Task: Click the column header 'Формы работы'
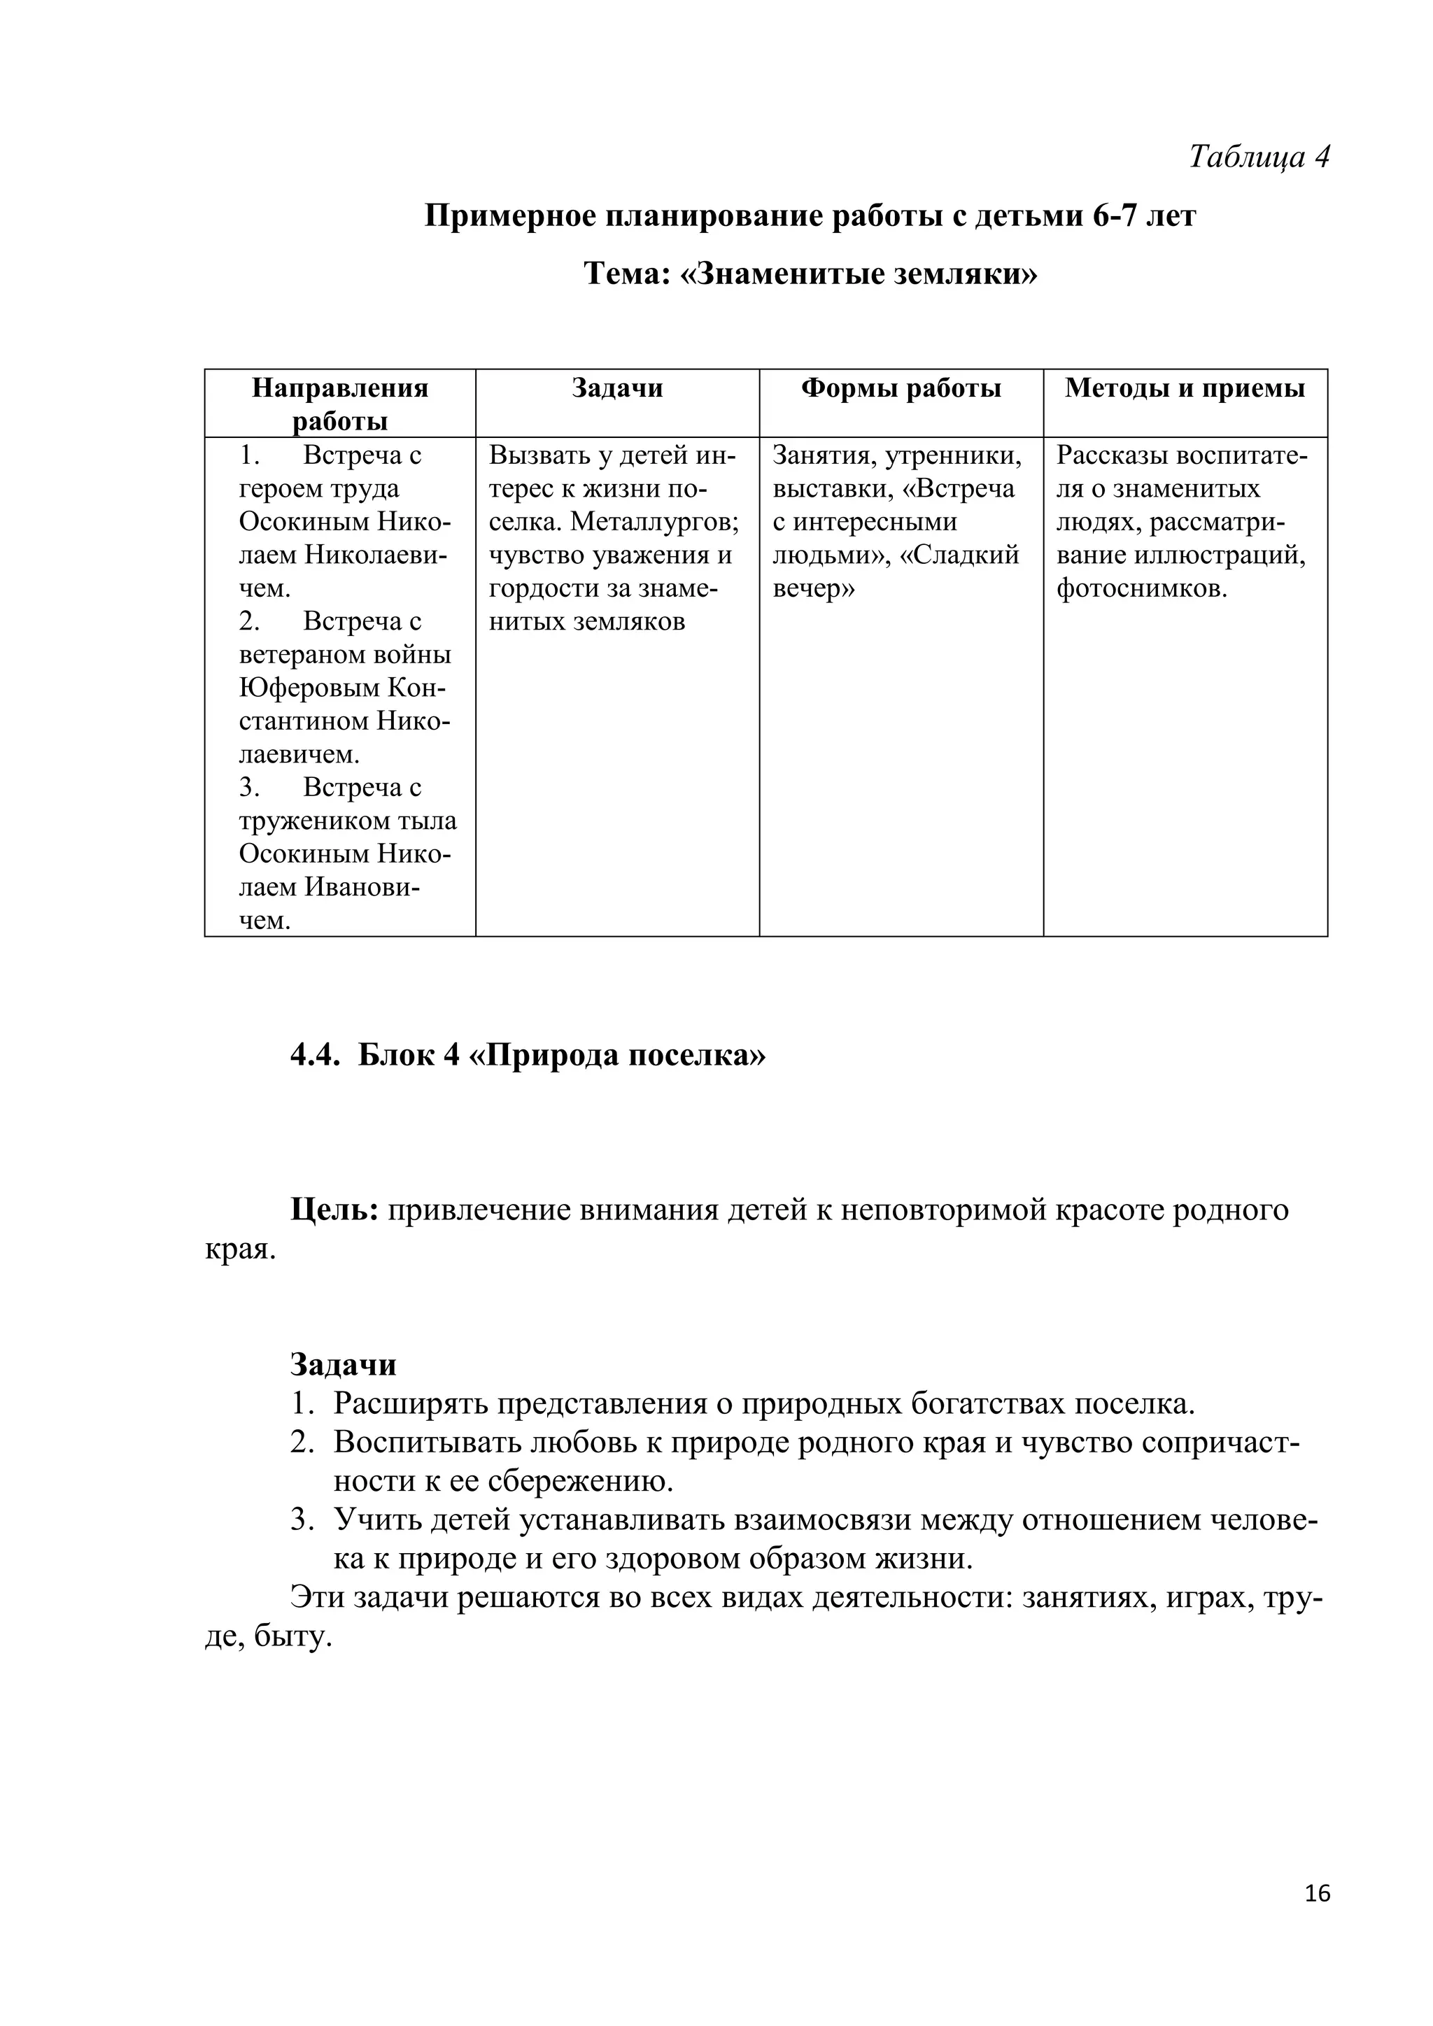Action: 901,388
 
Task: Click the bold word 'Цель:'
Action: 334,1210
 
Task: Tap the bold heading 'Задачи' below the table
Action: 344,1364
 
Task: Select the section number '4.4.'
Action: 315,1056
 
